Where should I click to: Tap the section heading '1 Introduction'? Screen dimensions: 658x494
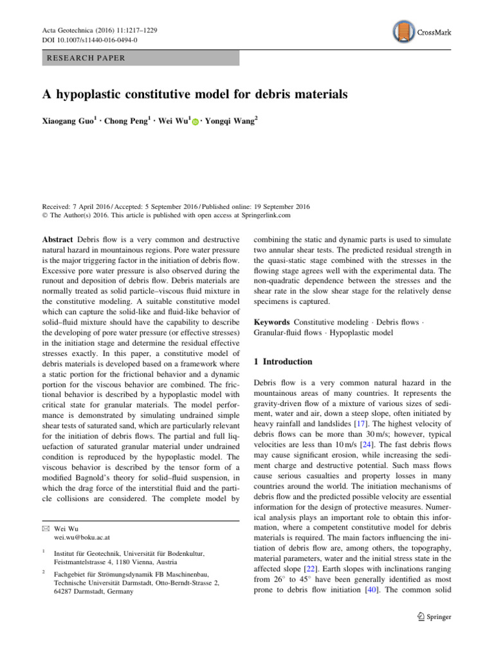point(285,362)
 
